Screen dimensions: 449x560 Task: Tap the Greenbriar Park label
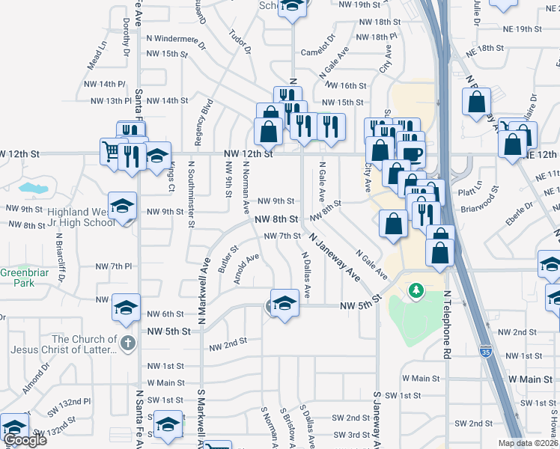click(x=18, y=277)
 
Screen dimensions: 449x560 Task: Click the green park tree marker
click(x=415, y=289)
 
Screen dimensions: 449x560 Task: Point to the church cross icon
click(x=128, y=343)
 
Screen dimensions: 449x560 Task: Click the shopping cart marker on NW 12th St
click(x=112, y=150)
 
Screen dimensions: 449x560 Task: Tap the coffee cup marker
click(x=413, y=155)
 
